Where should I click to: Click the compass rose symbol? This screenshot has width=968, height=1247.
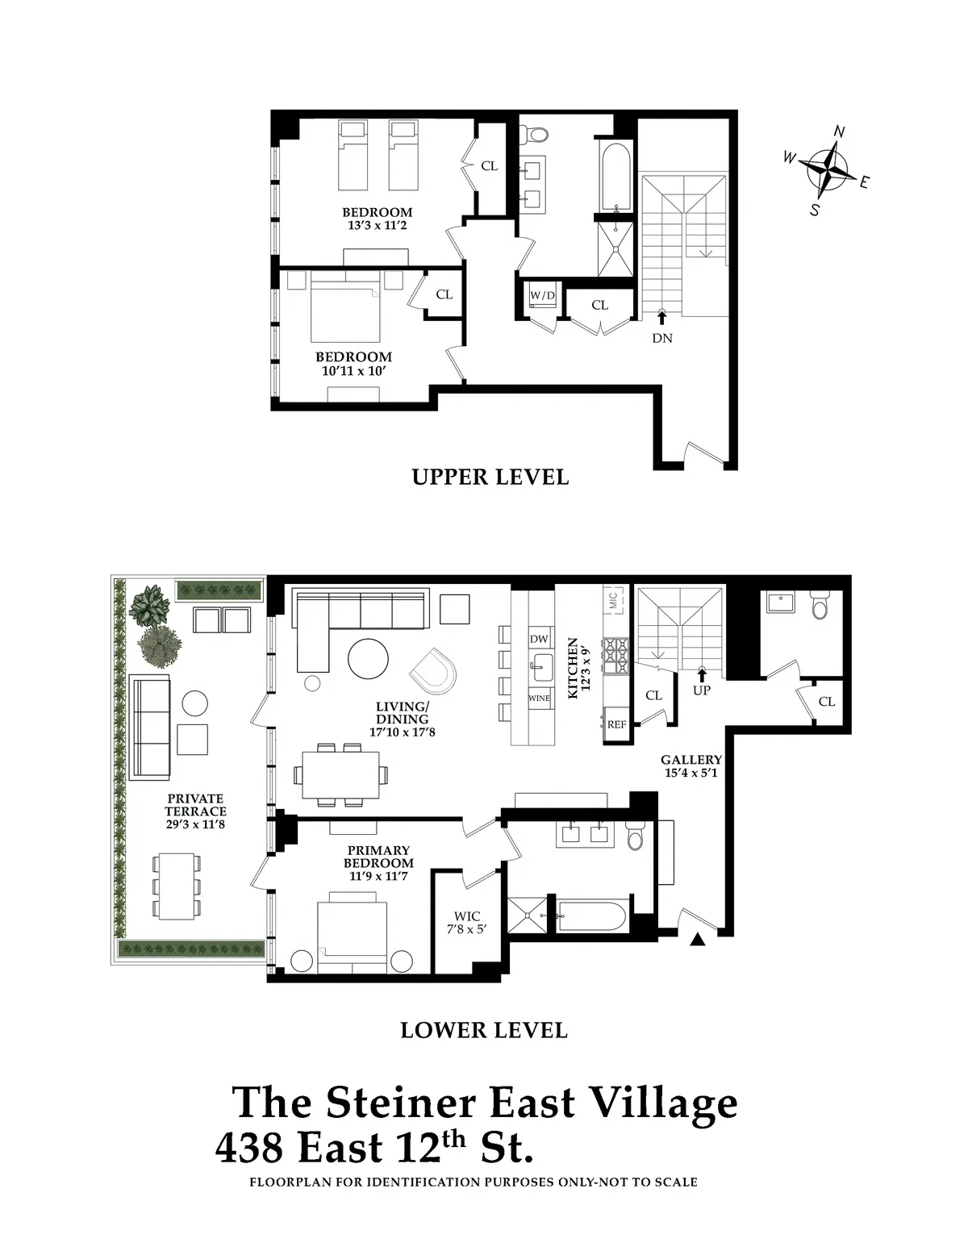[826, 170]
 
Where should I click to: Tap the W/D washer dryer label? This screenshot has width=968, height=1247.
[542, 296]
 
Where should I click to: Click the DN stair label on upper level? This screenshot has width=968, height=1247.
[662, 338]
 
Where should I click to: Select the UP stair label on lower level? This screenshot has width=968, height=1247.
[702, 690]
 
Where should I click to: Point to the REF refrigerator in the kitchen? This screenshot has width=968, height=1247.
[616, 724]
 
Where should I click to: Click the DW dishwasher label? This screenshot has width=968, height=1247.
[539, 639]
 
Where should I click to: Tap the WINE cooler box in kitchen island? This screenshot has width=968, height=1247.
[539, 698]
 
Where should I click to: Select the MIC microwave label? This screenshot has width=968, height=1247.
[612, 600]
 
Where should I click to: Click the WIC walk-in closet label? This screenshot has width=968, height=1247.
[467, 916]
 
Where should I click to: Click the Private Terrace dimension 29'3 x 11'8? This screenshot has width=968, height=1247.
[196, 824]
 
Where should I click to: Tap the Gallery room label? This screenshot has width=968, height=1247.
[691, 760]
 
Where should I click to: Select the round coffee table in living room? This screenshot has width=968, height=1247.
[369, 659]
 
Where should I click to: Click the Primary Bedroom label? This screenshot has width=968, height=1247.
[378, 857]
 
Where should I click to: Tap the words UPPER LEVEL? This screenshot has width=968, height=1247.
[490, 477]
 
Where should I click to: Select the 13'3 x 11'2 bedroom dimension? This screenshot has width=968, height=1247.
[377, 226]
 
